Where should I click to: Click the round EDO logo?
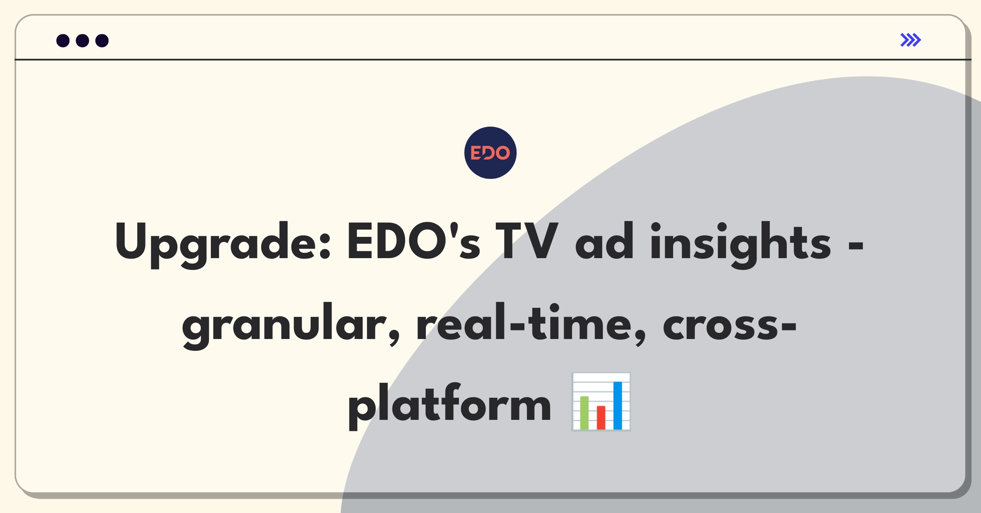(x=490, y=153)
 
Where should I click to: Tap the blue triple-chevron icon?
(x=911, y=40)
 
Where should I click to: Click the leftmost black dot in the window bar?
(x=63, y=40)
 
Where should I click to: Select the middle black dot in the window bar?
(x=83, y=40)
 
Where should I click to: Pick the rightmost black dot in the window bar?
(x=102, y=40)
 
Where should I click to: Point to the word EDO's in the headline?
(x=414, y=241)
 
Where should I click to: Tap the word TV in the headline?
(x=527, y=241)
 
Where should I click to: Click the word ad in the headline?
(x=605, y=241)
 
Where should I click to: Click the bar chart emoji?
(x=601, y=402)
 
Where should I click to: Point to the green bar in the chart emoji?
(x=584, y=413)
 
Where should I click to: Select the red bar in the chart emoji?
(x=601, y=417)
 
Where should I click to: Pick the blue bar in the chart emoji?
(x=618, y=405)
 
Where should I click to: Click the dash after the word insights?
(x=856, y=246)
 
